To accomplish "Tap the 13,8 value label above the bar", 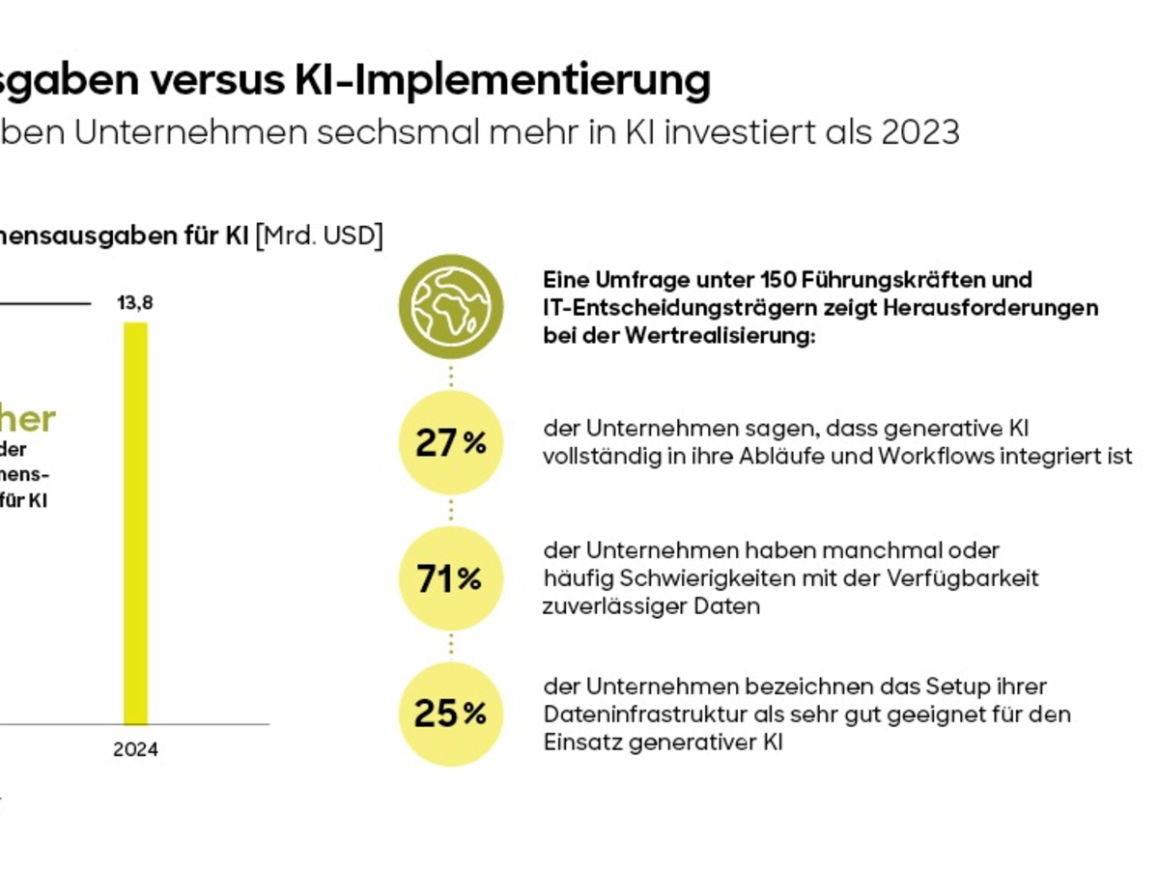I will coord(135,303).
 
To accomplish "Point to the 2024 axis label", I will coord(135,749).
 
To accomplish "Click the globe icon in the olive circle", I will coord(451,306).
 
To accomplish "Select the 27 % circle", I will coord(451,442).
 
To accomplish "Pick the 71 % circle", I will coord(451,578).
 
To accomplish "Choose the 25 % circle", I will coord(451,714).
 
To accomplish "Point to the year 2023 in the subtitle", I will coord(920,132).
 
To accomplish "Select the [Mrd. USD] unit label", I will coord(319,235).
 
